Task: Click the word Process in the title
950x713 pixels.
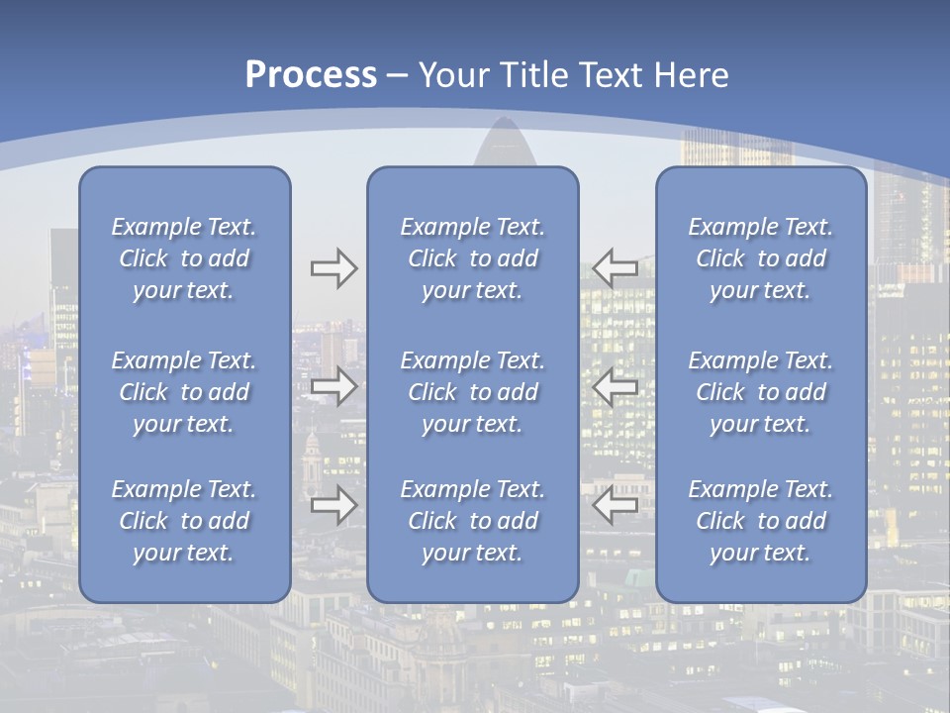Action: point(311,75)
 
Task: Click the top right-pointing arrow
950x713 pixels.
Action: point(333,268)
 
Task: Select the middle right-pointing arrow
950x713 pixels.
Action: point(333,386)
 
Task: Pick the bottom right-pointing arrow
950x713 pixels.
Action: point(333,505)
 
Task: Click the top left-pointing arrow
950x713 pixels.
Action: point(615,268)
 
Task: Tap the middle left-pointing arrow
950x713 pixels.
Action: point(615,386)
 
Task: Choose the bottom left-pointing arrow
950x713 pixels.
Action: point(615,505)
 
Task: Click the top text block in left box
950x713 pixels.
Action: point(184,258)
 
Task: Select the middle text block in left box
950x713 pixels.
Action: point(184,392)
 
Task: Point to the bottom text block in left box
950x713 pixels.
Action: point(184,521)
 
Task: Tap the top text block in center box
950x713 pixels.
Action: point(473,258)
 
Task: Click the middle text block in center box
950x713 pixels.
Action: point(473,392)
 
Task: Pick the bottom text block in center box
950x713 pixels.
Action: point(473,521)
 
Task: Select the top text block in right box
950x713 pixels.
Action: point(761,258)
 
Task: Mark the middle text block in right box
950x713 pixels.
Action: point(761,392)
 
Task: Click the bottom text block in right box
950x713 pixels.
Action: point(761,521)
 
